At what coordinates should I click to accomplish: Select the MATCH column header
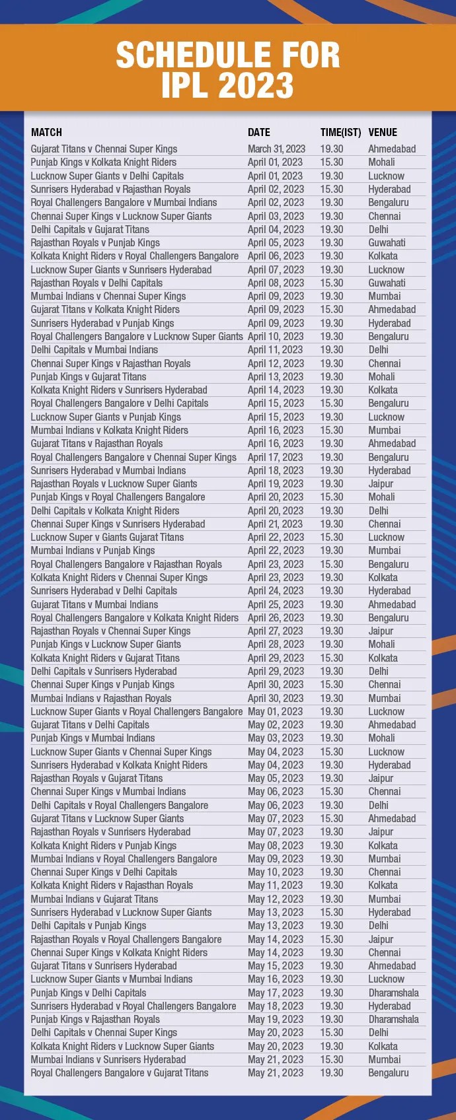pos(46,132)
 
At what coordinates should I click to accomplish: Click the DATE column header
pos(259,132)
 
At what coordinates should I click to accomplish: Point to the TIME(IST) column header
pos(340,132)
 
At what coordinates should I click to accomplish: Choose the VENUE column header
pos(383,132)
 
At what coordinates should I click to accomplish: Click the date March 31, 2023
pos(276,149)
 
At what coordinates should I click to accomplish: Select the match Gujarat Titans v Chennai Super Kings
pos(104,149)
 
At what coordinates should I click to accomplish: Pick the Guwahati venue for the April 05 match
pos(387,243)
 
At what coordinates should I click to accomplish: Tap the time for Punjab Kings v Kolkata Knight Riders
pos(332,162)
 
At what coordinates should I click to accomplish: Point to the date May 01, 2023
pos(275,712)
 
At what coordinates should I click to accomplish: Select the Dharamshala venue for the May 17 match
pos(393,993)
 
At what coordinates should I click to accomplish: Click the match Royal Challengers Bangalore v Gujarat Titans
pos(120,1073)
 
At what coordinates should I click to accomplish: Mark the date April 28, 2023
pos(276,645)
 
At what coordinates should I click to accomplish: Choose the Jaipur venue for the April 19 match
pos(381,484)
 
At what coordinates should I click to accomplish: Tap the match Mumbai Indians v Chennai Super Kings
pos(108,297)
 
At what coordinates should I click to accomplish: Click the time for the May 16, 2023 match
pos(332,979)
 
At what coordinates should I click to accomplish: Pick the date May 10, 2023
pos(275,872)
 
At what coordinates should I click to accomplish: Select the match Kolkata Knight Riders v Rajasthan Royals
pos(112,886)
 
